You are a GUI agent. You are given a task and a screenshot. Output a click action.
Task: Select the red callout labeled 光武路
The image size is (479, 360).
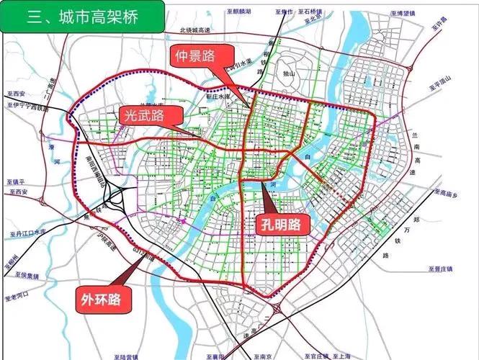tap(142, 114)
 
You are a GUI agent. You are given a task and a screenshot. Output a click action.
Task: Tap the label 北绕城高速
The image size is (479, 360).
tap(194, 30)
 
